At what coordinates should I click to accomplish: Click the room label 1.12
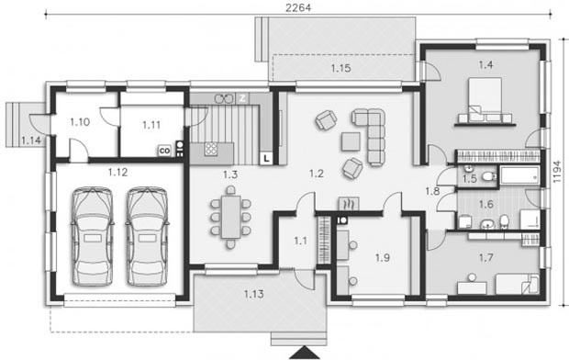coord(118,172)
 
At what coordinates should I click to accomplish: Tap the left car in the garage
coord(92,236)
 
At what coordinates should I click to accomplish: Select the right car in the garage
coord(148,236)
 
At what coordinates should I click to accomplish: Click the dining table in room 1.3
coord(230,217)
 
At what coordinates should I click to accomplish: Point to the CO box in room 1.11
coord(164,151)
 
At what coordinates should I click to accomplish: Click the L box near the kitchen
coord(266,158)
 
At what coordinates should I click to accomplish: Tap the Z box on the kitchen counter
coord(242,98)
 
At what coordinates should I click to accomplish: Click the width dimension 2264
coord(298,8)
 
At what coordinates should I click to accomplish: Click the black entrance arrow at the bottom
coord(304,353)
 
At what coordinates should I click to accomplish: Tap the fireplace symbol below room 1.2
coord(349,204)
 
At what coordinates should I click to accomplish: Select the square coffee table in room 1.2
coord(351,141)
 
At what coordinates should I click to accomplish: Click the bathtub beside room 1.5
coord(520,175)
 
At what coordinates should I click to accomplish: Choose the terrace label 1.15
coord(340,68)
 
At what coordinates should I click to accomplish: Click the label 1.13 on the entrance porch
coord(253,294)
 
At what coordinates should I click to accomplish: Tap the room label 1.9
coord(383,257)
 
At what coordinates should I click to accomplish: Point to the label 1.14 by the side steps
coord(31,141)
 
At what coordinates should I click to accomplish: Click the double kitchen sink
coord(224,98)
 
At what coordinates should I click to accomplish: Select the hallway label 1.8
coord(432,191)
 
